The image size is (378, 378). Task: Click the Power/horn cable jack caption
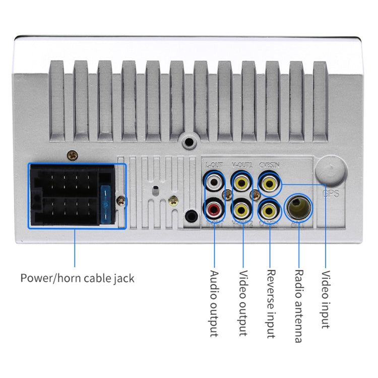pyautogui.click(x=77, y=278)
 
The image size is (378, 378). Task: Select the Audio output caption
pyautogui.click(x=214, y=303)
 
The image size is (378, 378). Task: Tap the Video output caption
pyautogui.click(x=243, y=303)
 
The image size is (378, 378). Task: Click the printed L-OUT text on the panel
pyautogui.click(x=213, y=164)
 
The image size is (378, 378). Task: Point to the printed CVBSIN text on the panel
pyautogui.click(x=269, y=164)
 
